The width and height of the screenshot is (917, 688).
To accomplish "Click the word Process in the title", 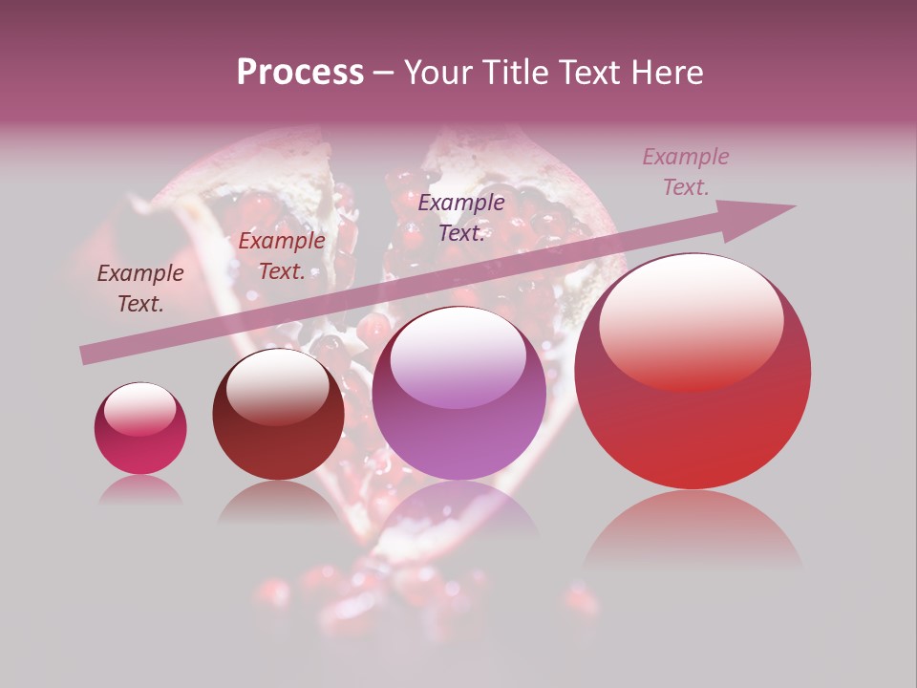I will pyautogui.click(x=300, y=73).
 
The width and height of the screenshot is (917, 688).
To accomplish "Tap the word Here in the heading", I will pyautogui.click(x=667, y=73).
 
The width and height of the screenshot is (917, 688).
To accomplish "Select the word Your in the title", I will pyautogui.click(x=437, y=73).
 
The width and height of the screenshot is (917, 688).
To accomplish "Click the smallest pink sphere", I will pyautogui.click(x=140, y=429).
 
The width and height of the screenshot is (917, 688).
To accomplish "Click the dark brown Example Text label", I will pyautogui.click(x=140, y=289).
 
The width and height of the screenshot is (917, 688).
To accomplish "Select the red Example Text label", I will pyautogui.click(x=282, y=256).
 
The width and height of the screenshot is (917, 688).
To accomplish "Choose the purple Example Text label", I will pyautogui.click(x=461, y=217).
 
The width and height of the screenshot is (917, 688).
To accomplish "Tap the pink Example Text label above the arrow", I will pyautogui.click(x=685, y=172).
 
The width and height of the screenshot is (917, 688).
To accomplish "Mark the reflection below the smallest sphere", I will pyautogui.click(x=140, y=490).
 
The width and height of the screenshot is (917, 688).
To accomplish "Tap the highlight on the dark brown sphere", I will pyautogui.click(x=278, y=385).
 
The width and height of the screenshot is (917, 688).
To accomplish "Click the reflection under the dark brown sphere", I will pyautogui.click(x=278, y=501).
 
